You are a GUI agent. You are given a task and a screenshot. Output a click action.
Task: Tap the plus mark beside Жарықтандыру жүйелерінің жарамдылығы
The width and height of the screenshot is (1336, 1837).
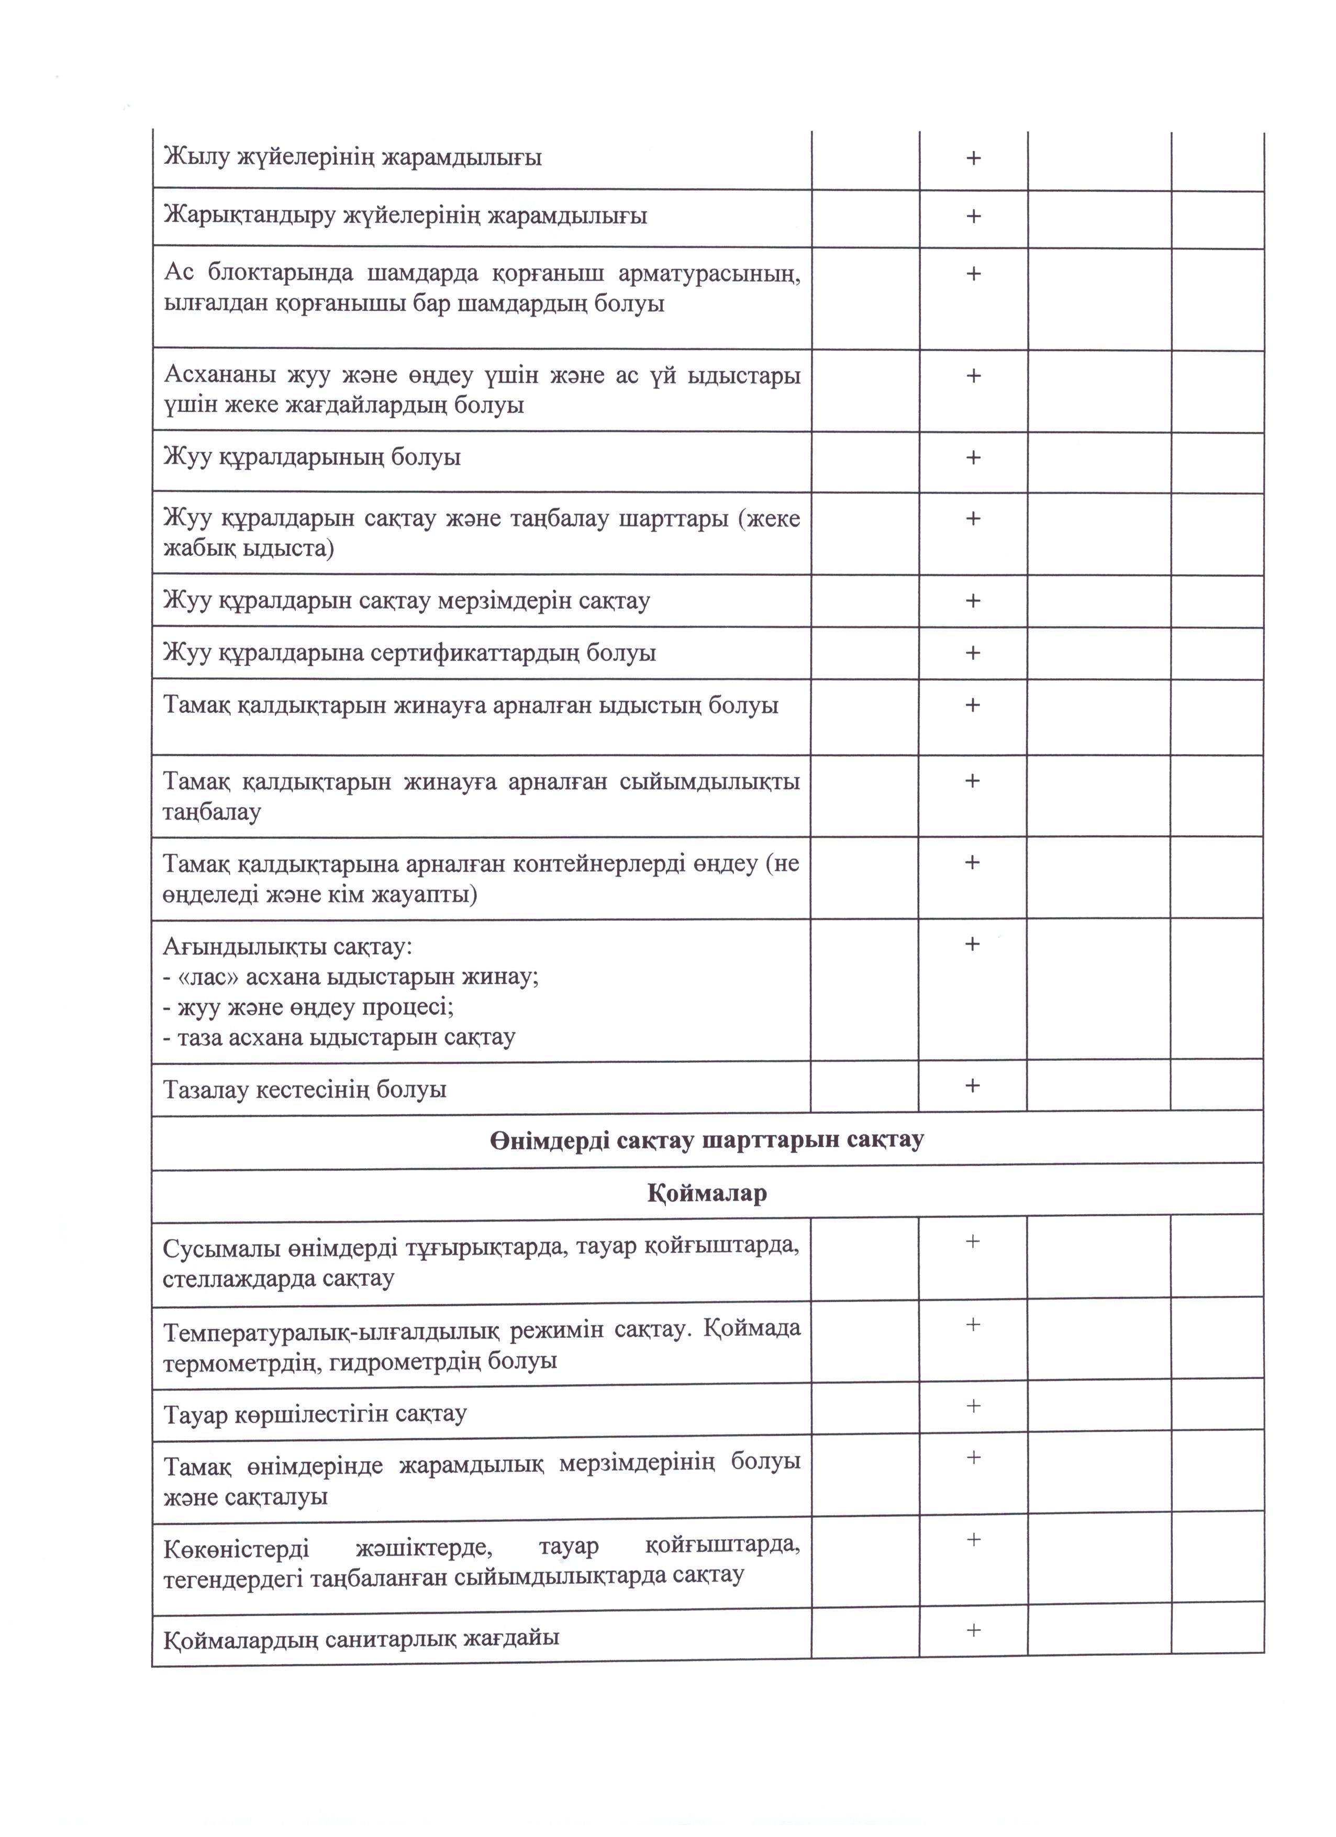click(973, 216)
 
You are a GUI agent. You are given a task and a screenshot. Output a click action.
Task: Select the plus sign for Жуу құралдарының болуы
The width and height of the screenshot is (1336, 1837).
click(973, 457)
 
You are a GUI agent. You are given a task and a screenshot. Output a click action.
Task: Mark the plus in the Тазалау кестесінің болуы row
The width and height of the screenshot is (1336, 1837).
click(972, 1085)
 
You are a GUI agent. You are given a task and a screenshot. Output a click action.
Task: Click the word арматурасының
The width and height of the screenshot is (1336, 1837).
click(709, 273)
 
